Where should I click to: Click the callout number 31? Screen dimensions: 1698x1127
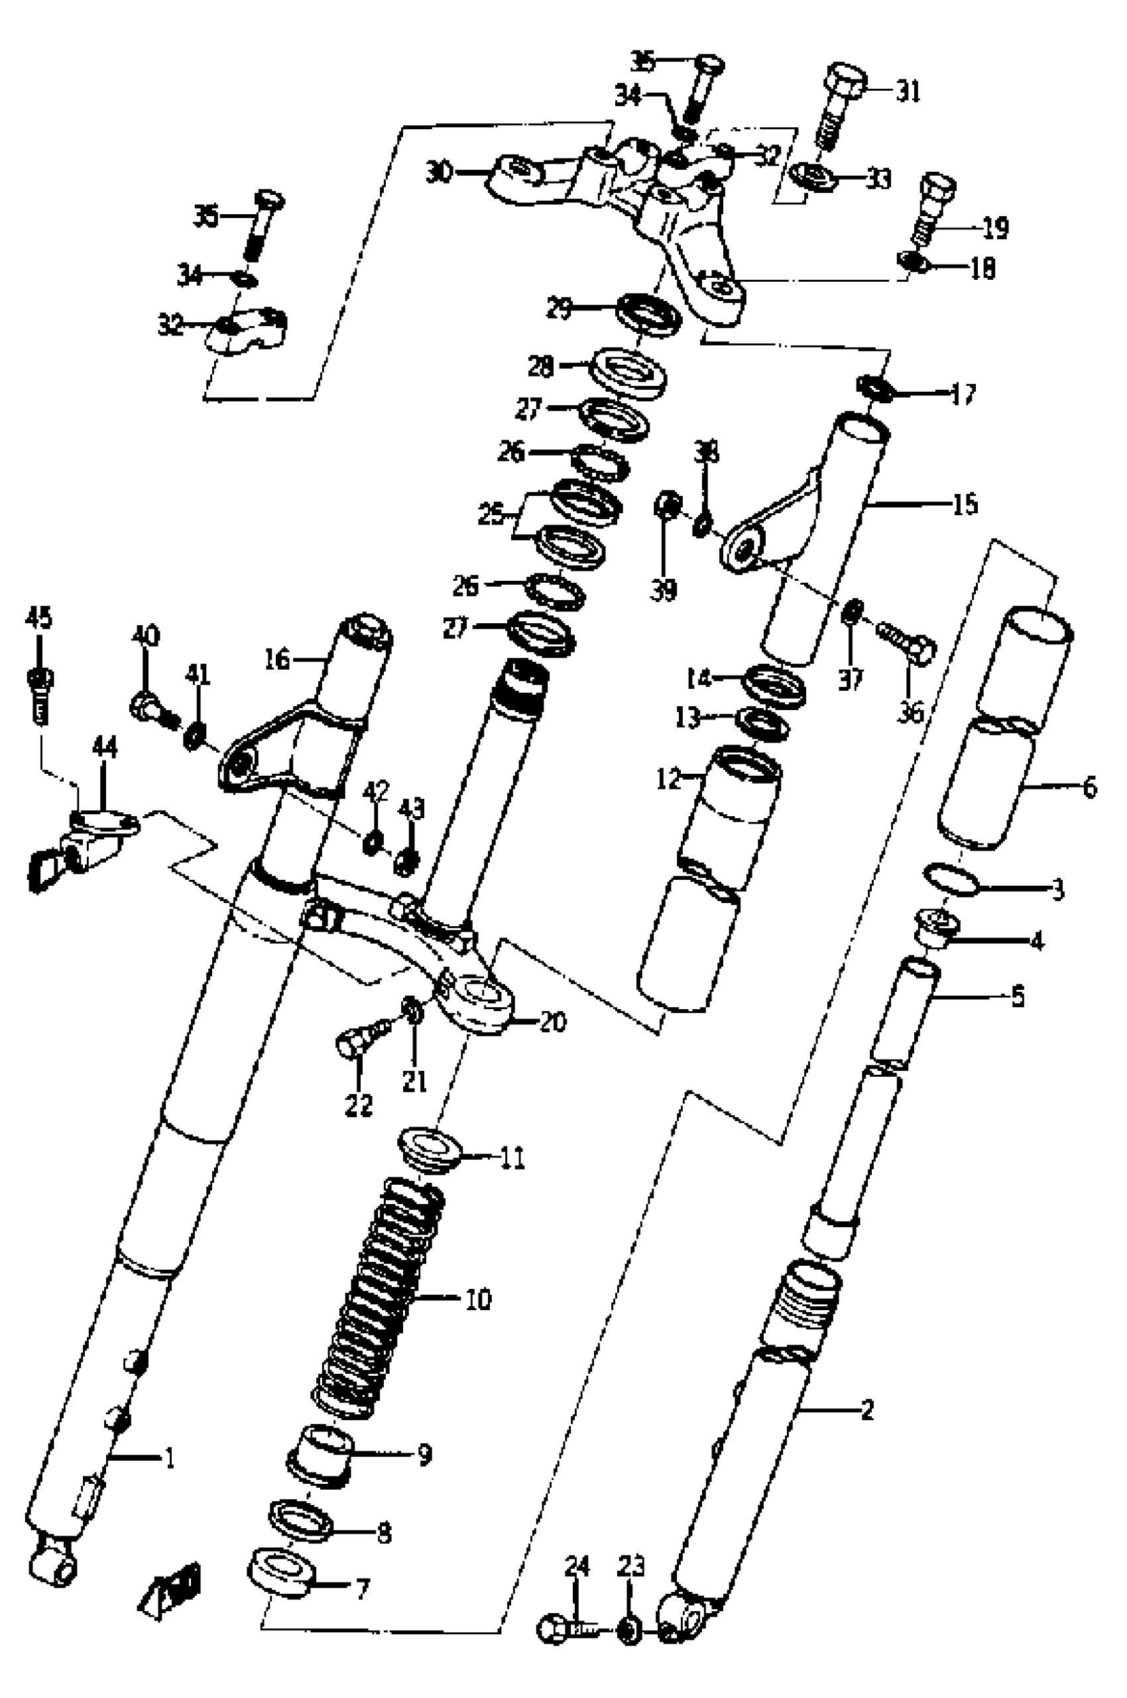tap(908, 92)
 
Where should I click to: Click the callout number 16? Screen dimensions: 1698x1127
tap(276, 658)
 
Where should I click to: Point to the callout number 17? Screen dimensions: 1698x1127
tap(963, 394)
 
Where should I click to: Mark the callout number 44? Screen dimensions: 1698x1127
tap(103, 748)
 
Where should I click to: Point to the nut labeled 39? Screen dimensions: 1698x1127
tap(668, 505)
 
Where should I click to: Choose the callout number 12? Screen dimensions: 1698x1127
tap(668, 778)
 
